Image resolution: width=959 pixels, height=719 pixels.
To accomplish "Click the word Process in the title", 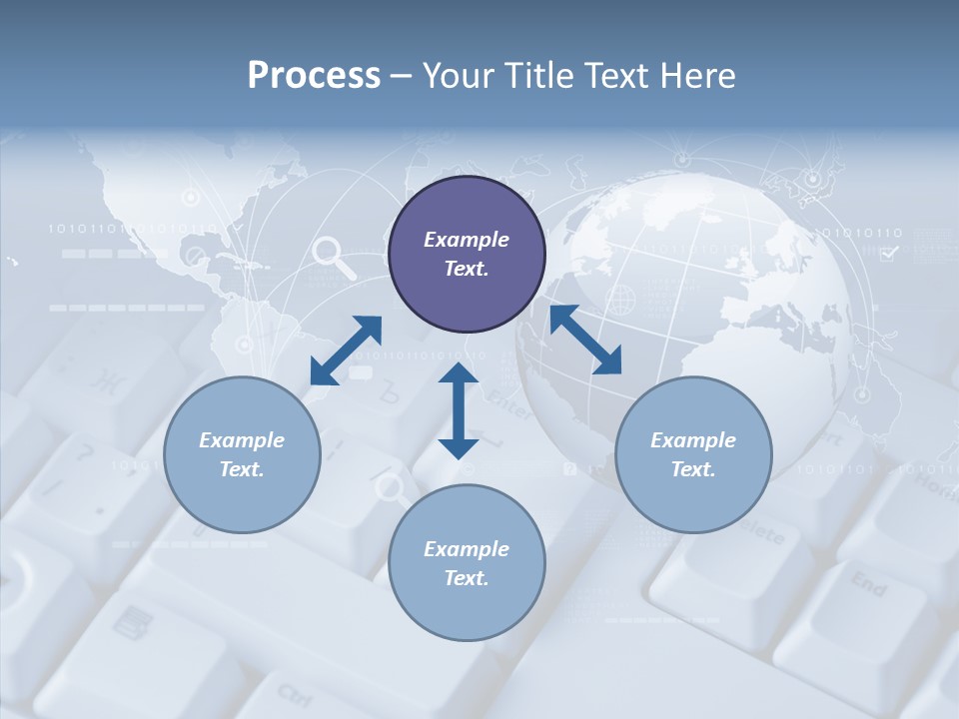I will tap(314, 76).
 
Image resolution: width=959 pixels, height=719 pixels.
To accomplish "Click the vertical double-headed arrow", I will tap(459, 411).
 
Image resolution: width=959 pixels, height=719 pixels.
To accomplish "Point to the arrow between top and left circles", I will tap(346, 351).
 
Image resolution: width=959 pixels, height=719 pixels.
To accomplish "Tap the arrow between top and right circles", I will tap(585, 340).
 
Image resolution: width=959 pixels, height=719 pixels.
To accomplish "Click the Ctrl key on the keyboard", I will tap(295, 692).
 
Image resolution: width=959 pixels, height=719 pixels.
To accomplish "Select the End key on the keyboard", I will tap(867, 584).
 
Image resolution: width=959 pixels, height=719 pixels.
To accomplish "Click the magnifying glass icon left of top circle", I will tap(334, 257).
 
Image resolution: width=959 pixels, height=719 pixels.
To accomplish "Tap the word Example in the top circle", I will tap(467, 240).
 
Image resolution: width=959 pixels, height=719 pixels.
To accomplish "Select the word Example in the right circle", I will tap(693, 440).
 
